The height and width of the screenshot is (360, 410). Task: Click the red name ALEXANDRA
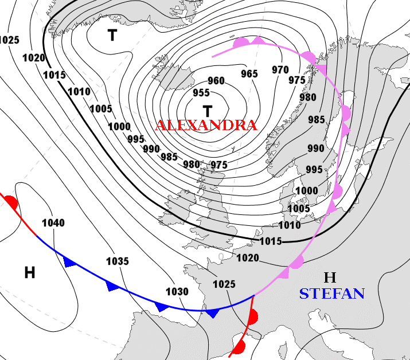coord(206,125)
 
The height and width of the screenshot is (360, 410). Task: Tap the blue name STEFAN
coord(331,294)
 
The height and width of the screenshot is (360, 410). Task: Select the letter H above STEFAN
coord(329,278)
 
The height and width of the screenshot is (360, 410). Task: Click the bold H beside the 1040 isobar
coord(30,273)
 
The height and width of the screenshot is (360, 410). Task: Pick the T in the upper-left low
coord(112,36)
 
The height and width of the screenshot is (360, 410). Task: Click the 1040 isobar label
coord(53,222)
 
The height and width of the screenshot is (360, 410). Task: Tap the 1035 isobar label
coord(117,261)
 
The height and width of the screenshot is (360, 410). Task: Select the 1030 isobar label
coord(177,291)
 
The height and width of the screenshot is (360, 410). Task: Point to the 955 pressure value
coord(201,93)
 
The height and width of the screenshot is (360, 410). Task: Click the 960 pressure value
coord(216,81)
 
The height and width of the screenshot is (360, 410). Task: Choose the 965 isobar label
coord(249,73)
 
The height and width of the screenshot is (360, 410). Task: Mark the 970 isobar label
coord(280,70)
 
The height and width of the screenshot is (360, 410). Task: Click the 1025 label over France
coord(224,284)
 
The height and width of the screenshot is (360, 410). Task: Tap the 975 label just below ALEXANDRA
coord(219,165)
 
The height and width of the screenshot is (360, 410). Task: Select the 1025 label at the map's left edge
coord(9,40)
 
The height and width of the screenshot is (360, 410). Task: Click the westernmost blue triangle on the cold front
coord(71,263)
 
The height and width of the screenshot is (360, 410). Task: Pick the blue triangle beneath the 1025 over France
coord(213,313)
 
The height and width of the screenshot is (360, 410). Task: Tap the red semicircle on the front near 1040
coord(11,202)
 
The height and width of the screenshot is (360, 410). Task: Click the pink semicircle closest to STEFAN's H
coord(296,263)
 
